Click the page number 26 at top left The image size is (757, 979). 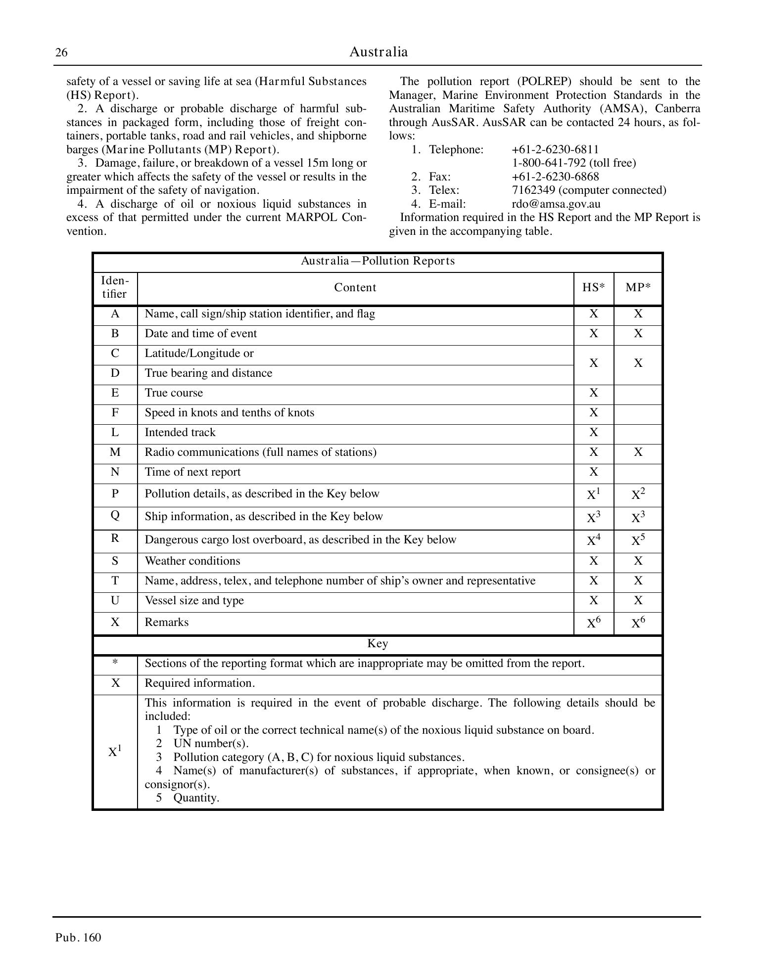61,53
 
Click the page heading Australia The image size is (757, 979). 378,52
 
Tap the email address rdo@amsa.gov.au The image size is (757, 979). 556,204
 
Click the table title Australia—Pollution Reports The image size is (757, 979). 378,261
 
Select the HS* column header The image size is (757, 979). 593,288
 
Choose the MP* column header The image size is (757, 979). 638,288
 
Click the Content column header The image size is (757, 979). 355,288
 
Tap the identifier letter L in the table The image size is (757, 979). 115,433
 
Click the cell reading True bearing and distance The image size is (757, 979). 208,373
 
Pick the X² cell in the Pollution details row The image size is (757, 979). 638,494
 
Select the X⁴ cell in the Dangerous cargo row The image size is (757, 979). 593,540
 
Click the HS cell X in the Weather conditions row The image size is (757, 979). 593,561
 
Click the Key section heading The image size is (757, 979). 378,644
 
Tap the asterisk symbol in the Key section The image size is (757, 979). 115,664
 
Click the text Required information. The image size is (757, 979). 199,683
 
